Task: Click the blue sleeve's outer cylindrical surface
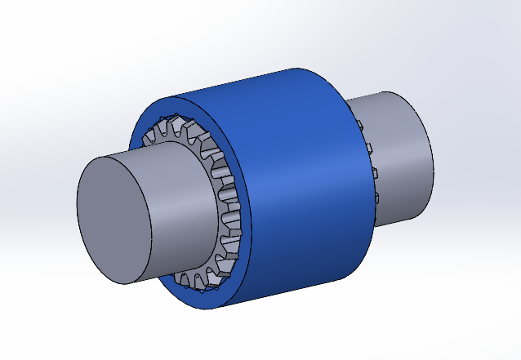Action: [x=302, y=180]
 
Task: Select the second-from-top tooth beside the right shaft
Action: [x=369, y=147]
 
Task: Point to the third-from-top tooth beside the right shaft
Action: [x=375, y=172]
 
